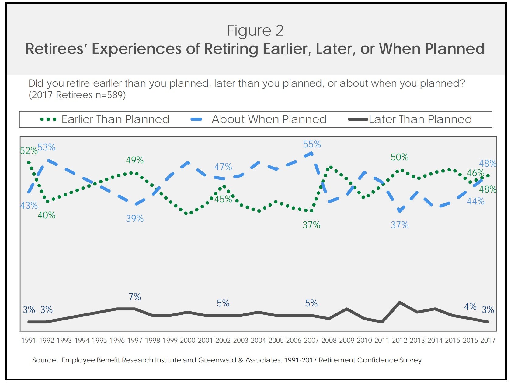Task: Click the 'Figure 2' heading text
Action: click(x=255, y=30)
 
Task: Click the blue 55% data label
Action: click(x=312, y=144)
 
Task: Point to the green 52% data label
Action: click(x=29, y=151)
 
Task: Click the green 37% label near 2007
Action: click(x=311, y=225)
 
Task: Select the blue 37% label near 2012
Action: click(x=399, y=225)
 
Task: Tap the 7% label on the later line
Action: click(x=134, y=297)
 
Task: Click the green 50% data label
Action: click(x=399, y=157)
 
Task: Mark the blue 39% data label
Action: click(x=134, y=219)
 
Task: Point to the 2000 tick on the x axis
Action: click(x=188, y=341)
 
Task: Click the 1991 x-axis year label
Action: click(x=29, y=341)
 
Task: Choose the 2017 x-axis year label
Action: click(x=488, y=341)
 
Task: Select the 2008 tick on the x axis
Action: click(x=329, y=341)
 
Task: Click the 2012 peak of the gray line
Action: click(x=399, y=302)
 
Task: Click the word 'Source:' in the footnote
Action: click(x=45, y=360)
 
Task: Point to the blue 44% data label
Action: click(x=475, y=201)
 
